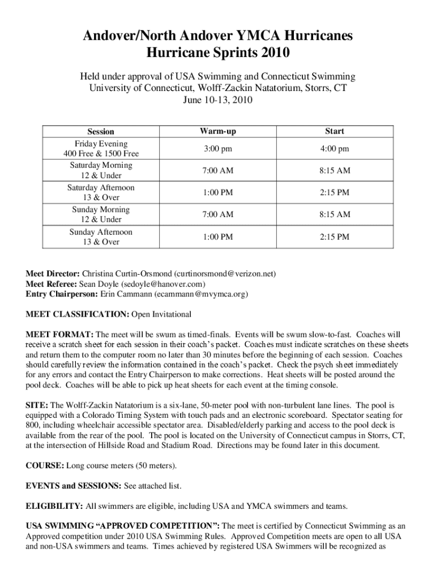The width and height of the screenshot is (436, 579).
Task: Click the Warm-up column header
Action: [217, 131]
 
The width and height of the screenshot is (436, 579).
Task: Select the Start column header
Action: [334, 131]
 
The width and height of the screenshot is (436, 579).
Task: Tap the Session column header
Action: [101, 132]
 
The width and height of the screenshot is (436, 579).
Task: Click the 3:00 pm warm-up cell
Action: [217, 149]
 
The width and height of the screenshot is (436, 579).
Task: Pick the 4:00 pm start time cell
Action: [334, 149]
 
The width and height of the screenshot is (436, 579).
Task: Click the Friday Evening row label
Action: [101, 144]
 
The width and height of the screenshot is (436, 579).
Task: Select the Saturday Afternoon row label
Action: [101, 187]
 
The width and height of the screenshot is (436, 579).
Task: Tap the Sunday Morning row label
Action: [101, 209]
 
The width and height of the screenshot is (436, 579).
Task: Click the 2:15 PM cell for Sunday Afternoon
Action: [334, 237]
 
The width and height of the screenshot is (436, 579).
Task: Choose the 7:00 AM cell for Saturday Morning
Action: [217, 170]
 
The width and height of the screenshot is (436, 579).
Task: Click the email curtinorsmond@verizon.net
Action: [225, 274]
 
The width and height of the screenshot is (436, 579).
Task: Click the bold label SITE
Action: [37, 405]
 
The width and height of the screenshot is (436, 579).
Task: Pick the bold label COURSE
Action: [45, 466]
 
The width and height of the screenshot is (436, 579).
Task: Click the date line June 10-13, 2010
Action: [217, 100]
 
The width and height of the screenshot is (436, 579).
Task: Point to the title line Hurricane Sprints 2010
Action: [218, 54]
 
